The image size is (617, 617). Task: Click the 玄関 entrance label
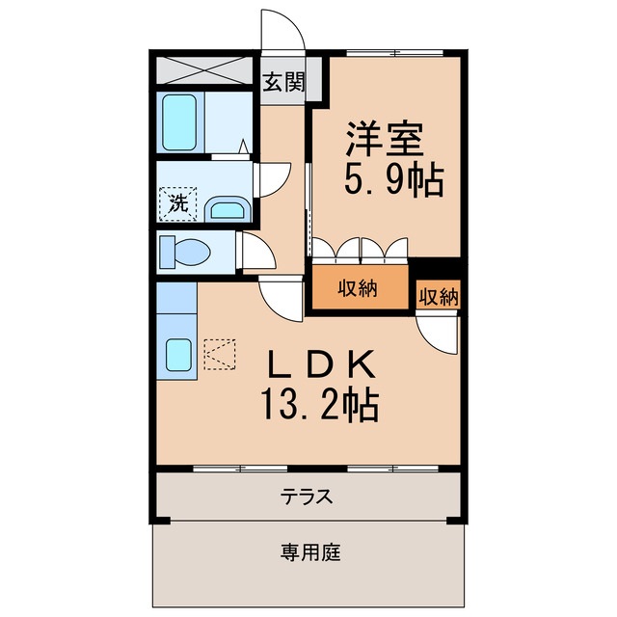coord(283,82)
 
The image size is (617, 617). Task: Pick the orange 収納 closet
coord(358,287)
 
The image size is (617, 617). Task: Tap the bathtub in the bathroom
coord(180,121)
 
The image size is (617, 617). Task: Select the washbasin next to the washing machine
coord(227,208)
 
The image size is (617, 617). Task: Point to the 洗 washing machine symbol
coord(177,202)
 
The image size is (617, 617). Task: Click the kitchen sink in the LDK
coord(179,356)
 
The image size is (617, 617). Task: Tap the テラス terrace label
coord(307,497)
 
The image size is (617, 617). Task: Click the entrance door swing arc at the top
coord(282,29)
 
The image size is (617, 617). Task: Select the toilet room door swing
coord(255,253)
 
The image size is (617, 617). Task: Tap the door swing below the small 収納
coord(436,334)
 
